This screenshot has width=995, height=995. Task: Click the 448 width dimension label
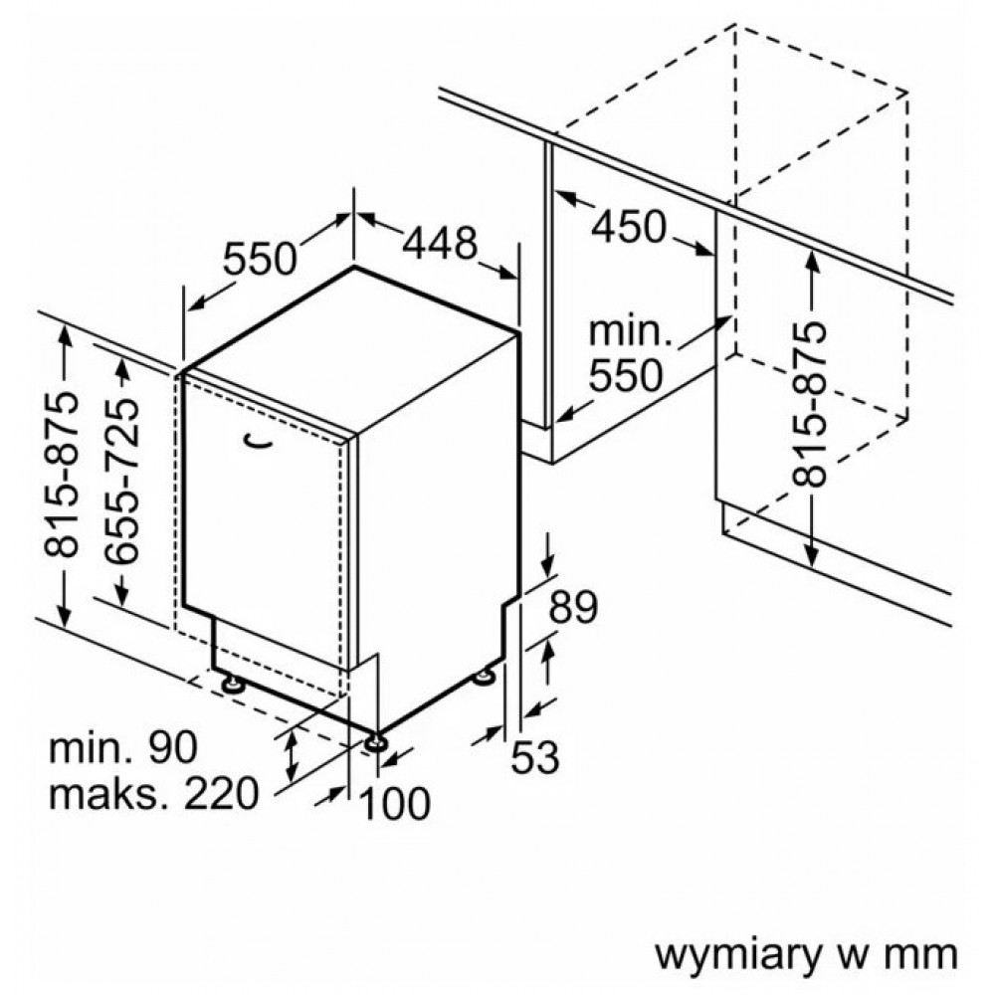click(441, 243)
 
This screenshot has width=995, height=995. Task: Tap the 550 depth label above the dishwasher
click(260, 260)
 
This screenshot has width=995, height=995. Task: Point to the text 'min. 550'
click(626, 353)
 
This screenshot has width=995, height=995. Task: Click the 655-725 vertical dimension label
click(123, 482)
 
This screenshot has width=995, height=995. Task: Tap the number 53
click(534, 759)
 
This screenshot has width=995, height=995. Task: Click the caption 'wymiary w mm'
click(805, 952)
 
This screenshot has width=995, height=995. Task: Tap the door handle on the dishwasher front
click(257, 439)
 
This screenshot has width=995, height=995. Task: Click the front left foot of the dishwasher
click(234, 685)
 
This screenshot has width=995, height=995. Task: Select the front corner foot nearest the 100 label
click(376, 741)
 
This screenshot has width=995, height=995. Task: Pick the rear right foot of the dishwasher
click(485, 678)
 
